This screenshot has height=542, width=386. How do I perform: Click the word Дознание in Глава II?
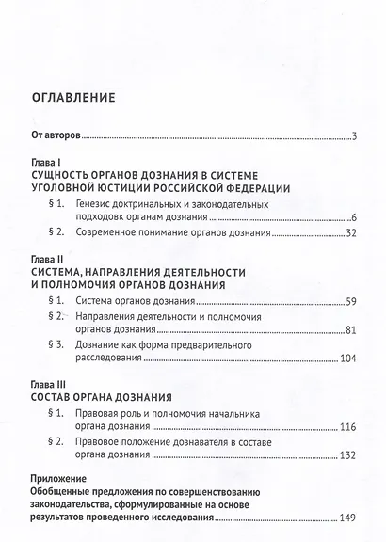(x=106, y=345)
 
